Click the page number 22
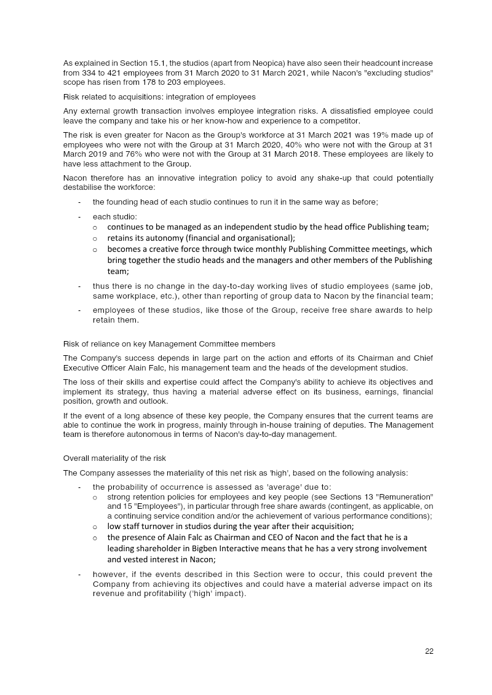coord(429,651)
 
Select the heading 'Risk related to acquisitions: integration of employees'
coord(159,97)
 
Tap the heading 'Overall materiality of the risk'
coord(114,458)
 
